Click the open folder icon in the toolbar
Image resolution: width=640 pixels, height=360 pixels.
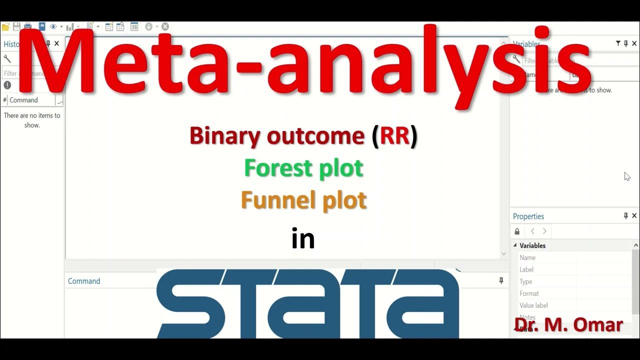[x=5, y=26]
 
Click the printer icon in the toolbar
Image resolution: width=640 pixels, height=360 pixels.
[x=28, y=26]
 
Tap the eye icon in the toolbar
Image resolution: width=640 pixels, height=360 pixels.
[x=53, y=26]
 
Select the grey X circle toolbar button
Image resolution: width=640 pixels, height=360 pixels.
[x=165, y=26]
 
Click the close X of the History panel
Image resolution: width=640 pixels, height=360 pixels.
[x=56, y=43]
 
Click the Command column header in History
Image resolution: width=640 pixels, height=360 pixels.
[x=23, y=100]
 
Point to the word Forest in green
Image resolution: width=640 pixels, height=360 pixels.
[x=275, y=168]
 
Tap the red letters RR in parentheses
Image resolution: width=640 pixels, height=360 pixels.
[x=394, y=136]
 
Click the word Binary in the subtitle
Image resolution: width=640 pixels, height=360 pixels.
[x=225, y=136]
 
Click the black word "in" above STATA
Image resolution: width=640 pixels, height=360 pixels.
[x=303, y=239]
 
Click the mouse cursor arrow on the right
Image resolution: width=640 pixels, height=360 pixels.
[x=626, y=175]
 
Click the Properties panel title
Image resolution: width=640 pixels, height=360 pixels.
[x=528, y=216]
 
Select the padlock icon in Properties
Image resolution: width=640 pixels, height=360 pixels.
[x=517, y=231]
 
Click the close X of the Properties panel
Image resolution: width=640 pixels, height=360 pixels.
[x=634, y=216]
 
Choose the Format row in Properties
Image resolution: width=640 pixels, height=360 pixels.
[x=529, y=293]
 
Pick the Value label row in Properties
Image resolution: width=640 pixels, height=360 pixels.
[x=533, y=305]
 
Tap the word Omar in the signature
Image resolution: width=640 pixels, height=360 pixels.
[x=598, y=325]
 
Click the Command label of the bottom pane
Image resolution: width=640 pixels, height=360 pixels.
[x=84, y=281]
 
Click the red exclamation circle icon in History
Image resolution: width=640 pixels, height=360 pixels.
[x=7, y=85]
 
